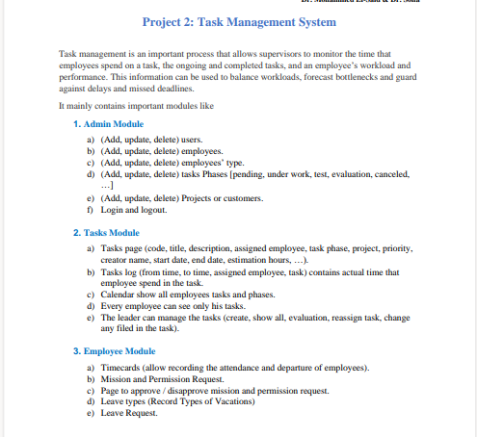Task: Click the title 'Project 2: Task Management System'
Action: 239,21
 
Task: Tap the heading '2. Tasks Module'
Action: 107,233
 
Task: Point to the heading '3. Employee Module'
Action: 114,351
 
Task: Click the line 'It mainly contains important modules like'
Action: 136,106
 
